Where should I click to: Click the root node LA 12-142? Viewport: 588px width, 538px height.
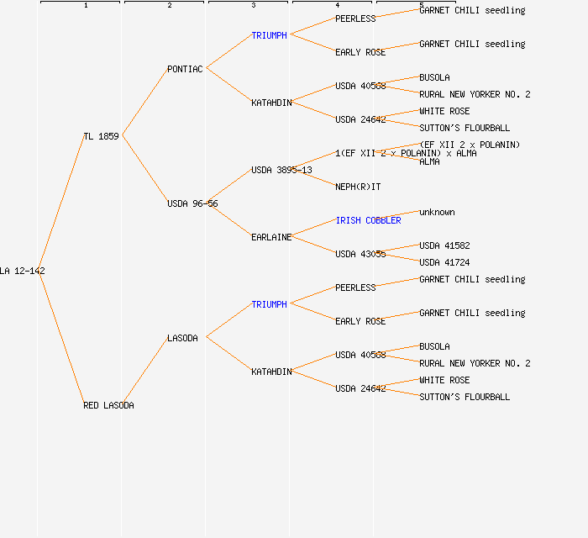tap(23, 271)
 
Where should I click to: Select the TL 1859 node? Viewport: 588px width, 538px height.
tap(101, 136)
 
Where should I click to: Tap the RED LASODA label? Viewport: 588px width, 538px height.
tap(108, 405)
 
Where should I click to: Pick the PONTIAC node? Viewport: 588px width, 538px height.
tap(185, 69)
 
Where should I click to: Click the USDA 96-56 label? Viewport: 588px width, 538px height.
tap(192, 203)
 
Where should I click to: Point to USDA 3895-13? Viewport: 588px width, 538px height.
tap(281, 170)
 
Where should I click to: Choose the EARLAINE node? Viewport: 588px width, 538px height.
tap(271, 237)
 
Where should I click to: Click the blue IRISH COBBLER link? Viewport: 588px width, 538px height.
tap(368, 220)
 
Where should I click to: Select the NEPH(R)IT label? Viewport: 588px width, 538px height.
tap(358, 187)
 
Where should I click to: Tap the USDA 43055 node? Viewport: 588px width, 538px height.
tap(360, 254)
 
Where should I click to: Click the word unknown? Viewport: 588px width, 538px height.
tap(437, 212)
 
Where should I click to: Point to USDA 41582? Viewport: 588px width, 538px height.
tap(444, 245)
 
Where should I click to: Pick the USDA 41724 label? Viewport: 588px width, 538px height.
tap(444, 262)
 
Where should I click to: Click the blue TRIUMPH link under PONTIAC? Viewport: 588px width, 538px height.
tap(269, 35)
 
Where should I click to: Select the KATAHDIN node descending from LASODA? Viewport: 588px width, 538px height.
tap(271, 372)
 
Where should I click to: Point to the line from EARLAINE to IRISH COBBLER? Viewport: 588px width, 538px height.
tap(312, 229)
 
